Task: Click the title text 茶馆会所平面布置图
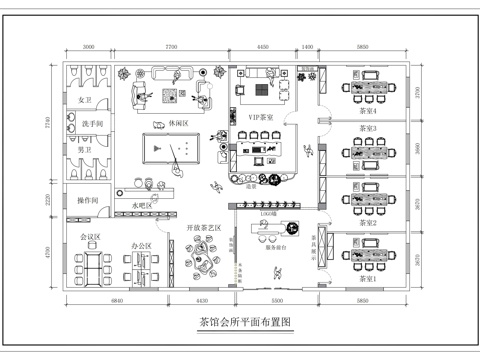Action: (245, 323)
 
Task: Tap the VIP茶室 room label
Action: (262, 117)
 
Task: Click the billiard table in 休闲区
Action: (168, 150)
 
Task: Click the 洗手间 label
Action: (92, 124)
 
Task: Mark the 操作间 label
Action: (89, 201)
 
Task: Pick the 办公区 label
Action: (141, 245)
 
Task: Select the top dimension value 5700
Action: (171, 47)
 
